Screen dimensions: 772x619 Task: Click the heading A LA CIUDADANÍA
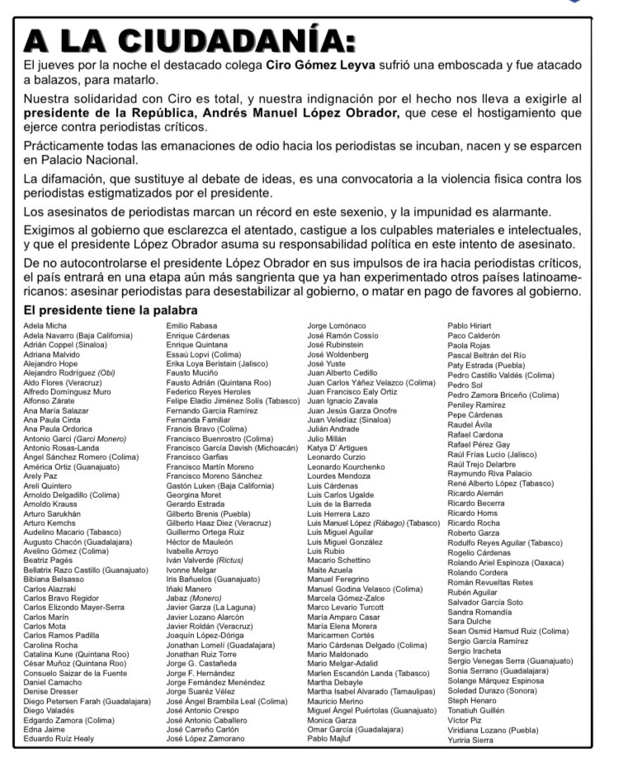[x=190, y=40]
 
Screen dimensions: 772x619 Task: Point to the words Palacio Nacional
[x=87, y=161]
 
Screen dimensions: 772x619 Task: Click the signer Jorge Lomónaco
[x=336, y=326]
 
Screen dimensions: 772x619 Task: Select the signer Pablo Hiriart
[x=470, y=326]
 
